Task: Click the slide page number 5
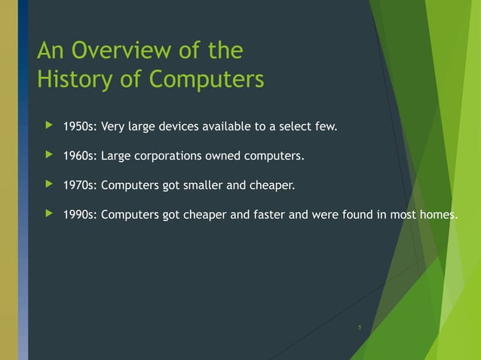[360, 328]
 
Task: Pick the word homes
[437, 215]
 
